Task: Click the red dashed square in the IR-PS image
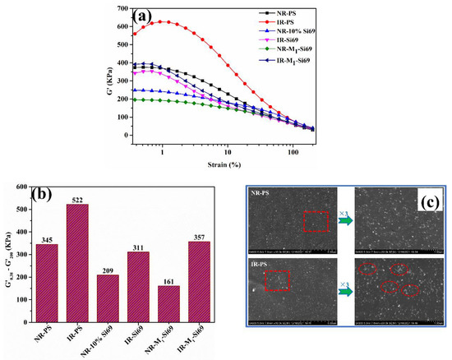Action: click(x=277, y=279)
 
